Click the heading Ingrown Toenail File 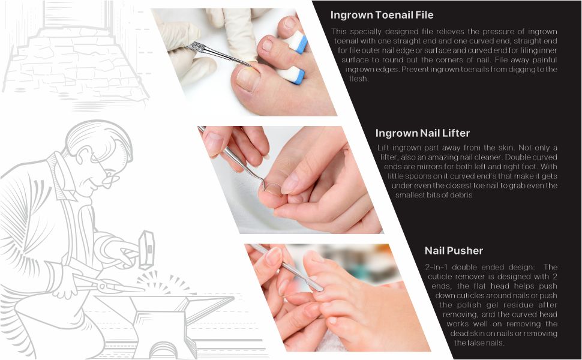click(x=382, y=15)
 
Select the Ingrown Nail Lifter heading click(x=422, y=133)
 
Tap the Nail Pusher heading click(x=454, y=251)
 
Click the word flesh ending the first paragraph click(x=358, y=79)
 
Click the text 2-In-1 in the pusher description click(x=439, y=267)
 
